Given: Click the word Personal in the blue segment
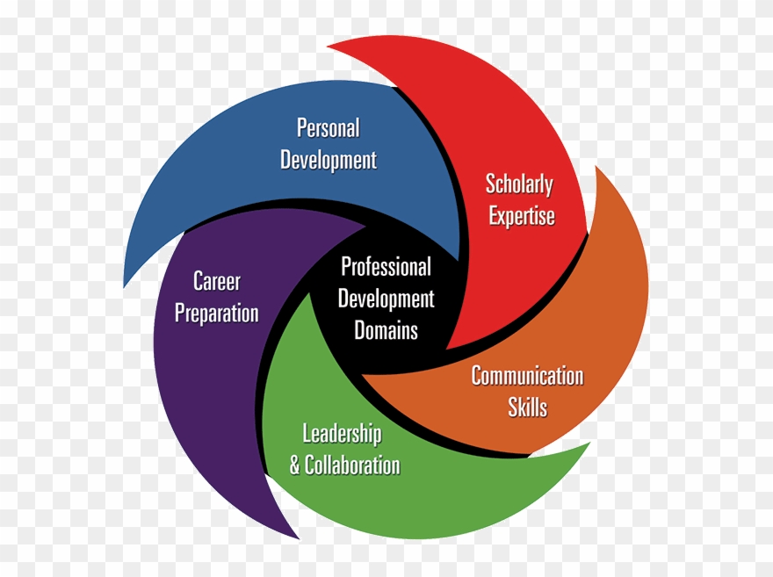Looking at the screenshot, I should [x=328, y=128].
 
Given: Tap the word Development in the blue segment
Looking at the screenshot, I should [x=328, y=161].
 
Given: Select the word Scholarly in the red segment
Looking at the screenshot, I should [x=520, y=184].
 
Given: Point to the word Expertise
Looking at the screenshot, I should [x=522, y=217].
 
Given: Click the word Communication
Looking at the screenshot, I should [x=527, y=376].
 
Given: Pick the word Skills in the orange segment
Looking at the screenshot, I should [x=527, y=408].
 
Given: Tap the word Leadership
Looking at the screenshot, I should [x=342, y=433].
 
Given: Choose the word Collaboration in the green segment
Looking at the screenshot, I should [x=352, y=465].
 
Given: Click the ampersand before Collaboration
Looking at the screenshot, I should [x=295, y=465].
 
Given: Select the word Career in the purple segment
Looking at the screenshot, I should [x=216, y=282].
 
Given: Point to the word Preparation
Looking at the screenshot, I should [x=216, y=314].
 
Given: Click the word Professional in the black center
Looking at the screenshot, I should [x=386, y=267].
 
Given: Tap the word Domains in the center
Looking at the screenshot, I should [x=386, y=331].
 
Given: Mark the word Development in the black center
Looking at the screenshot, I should [x=386, y=299].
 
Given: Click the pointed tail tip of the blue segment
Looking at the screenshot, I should [x=126, y=286].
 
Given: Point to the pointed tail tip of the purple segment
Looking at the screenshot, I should [x=297, y=537].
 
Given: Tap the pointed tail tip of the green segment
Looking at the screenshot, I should [x=588, y=445].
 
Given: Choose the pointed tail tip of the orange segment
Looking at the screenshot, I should [x=597, y=167].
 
